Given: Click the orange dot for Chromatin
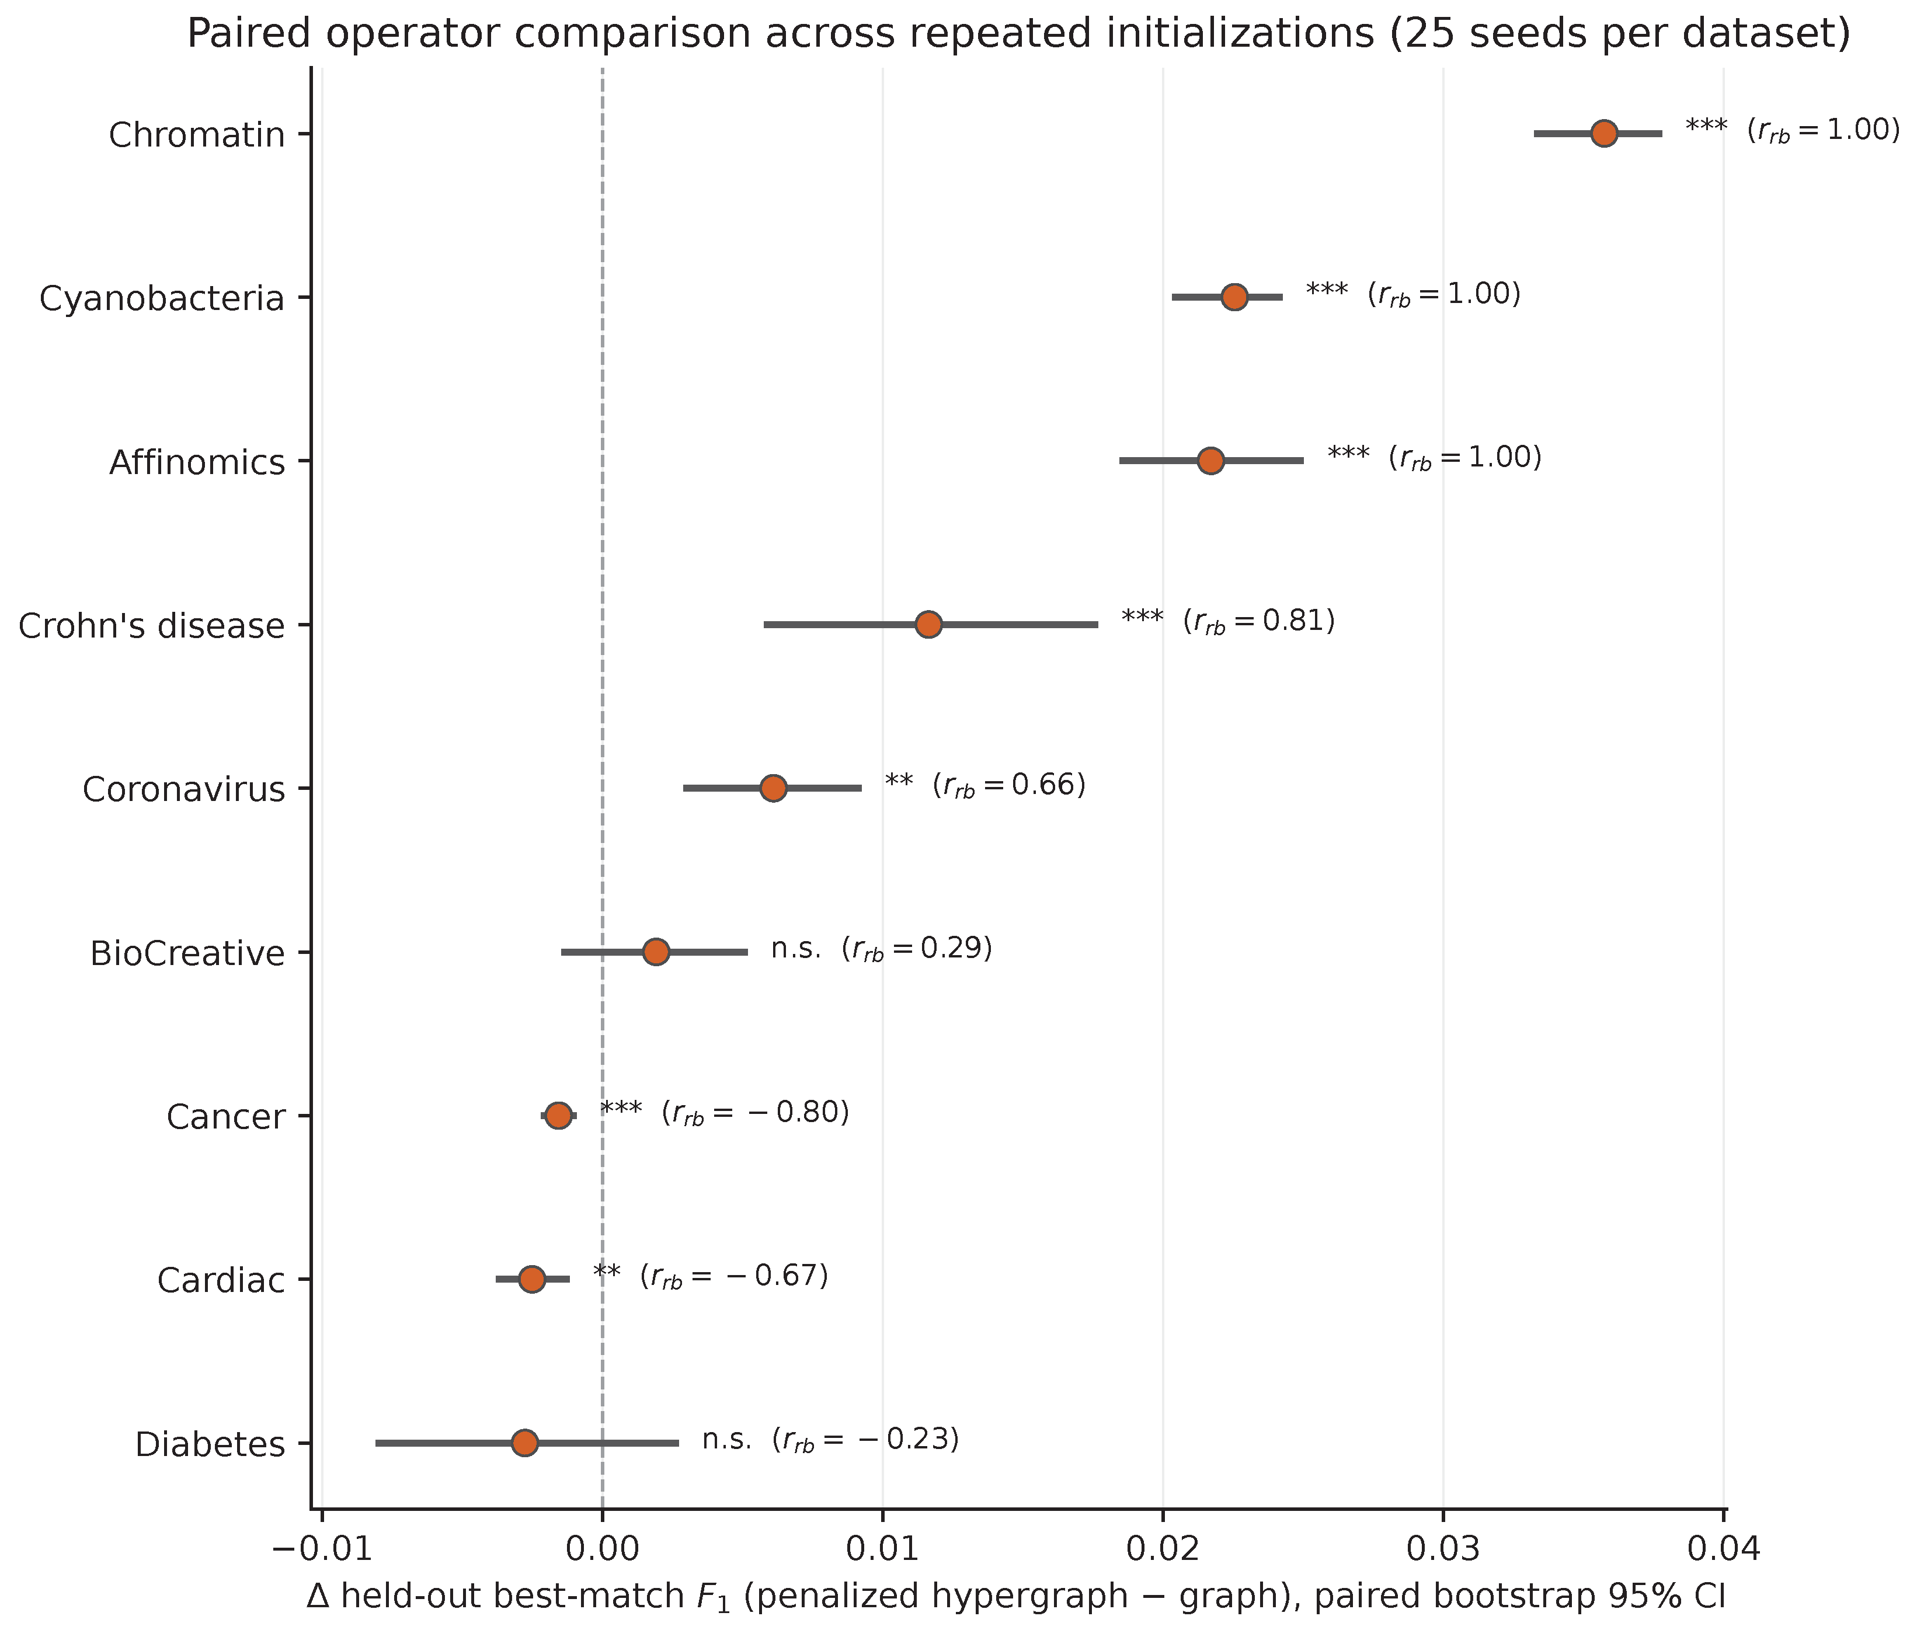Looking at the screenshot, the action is (1604, 134).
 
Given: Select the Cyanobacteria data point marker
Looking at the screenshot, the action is (1234, 297).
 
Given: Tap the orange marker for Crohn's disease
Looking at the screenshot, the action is (928, 625).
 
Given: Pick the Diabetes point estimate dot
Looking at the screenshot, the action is (524, 1443).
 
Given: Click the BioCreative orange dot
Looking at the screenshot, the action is (655, 952).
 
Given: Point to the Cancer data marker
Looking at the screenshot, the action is (559, 1116).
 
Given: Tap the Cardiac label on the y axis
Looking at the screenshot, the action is (221, 1281).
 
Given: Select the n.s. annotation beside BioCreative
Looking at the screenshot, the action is (795, 949).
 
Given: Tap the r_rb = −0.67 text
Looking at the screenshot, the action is (735, 1277).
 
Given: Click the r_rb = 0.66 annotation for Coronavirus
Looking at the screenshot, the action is (1010, 786).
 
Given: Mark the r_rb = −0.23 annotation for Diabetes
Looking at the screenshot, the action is (865, 1440).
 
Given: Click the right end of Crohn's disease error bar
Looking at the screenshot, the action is (1098, 625).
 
